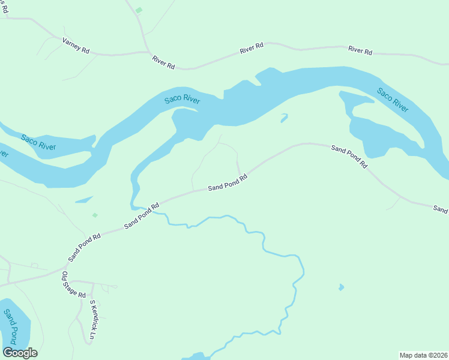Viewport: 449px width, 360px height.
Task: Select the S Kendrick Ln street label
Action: tap(92, 320)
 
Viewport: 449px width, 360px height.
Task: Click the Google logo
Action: tap(20, 353)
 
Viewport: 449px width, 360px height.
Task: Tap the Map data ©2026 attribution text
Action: tap(423, 355)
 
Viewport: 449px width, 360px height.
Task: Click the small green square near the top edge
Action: tap(139, 10)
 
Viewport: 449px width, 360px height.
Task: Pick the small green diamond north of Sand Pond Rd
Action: tap(95, 215)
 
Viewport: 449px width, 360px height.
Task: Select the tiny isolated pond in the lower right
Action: tap(341, 287)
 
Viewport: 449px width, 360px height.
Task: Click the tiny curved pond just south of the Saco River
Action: tap(283, 118)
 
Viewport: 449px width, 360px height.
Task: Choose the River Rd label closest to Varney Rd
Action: tap(163, 61)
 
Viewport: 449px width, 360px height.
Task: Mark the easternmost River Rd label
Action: tap(360, 52)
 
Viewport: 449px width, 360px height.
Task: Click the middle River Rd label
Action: tap(252, 49)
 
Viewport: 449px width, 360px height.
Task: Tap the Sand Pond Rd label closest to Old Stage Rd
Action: tap(84, 247)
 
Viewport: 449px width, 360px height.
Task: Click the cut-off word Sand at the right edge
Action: tap(441, 209)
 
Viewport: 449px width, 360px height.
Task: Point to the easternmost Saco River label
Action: tap(393, 100)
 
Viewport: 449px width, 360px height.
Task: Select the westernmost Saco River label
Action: tap(38, 142)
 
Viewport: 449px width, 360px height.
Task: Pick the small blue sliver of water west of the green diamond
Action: tap(83, 199)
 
